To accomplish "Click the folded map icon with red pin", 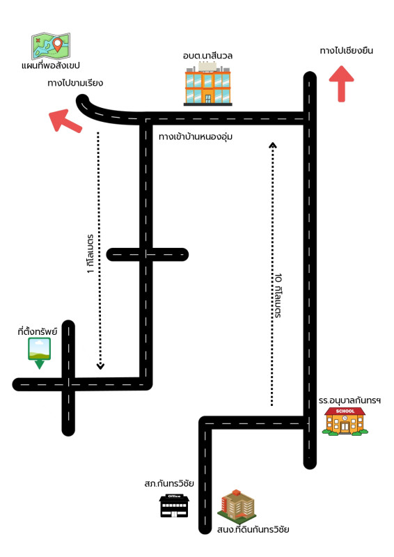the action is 51,46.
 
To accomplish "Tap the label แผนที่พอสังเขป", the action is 50,65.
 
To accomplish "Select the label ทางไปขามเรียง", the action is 75,83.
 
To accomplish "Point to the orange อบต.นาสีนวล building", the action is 208,84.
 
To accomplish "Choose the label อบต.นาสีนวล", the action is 207,56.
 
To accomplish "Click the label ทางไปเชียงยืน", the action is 347,50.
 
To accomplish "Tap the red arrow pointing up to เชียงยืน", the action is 341,84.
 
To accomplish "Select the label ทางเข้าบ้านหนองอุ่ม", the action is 196,136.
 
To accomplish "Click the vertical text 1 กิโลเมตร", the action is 90,253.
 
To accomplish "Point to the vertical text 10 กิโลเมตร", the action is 278,295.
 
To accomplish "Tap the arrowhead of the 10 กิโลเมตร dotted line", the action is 272,145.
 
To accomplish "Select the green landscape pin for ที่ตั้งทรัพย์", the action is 40,353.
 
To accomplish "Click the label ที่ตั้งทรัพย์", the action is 38,331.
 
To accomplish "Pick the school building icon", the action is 345,421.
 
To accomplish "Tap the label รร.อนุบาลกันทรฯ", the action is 349,400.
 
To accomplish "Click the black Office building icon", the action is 174,505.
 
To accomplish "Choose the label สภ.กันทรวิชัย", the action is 169,483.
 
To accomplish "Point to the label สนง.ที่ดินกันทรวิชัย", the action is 253,530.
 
